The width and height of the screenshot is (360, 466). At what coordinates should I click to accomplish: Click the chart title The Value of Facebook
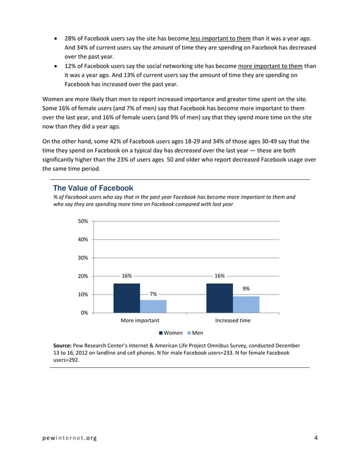tap(93, 187)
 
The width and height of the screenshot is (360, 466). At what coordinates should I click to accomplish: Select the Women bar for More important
tap(126, 297)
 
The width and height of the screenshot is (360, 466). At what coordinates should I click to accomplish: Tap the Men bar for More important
tap(153, 306)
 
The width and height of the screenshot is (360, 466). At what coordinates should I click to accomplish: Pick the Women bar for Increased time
tap(219, 297)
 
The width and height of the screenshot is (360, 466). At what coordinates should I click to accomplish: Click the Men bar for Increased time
tap(246, 304)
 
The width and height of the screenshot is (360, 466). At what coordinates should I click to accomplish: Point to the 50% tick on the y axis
tap(82, 221)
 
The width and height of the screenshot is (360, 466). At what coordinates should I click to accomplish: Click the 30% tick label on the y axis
tap(82, 258)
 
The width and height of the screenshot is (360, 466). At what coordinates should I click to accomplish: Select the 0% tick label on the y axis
tap(84, 313)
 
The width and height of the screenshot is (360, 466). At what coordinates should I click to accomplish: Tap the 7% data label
tap(153, 294)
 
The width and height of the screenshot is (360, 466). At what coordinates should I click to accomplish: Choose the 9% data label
tap(246, 289)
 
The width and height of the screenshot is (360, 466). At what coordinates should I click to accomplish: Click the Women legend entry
tap(171, 333)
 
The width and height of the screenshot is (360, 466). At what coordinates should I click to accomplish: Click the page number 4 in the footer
tap(316, 438)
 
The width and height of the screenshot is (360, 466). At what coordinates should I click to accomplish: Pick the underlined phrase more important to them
tap(271, 65)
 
